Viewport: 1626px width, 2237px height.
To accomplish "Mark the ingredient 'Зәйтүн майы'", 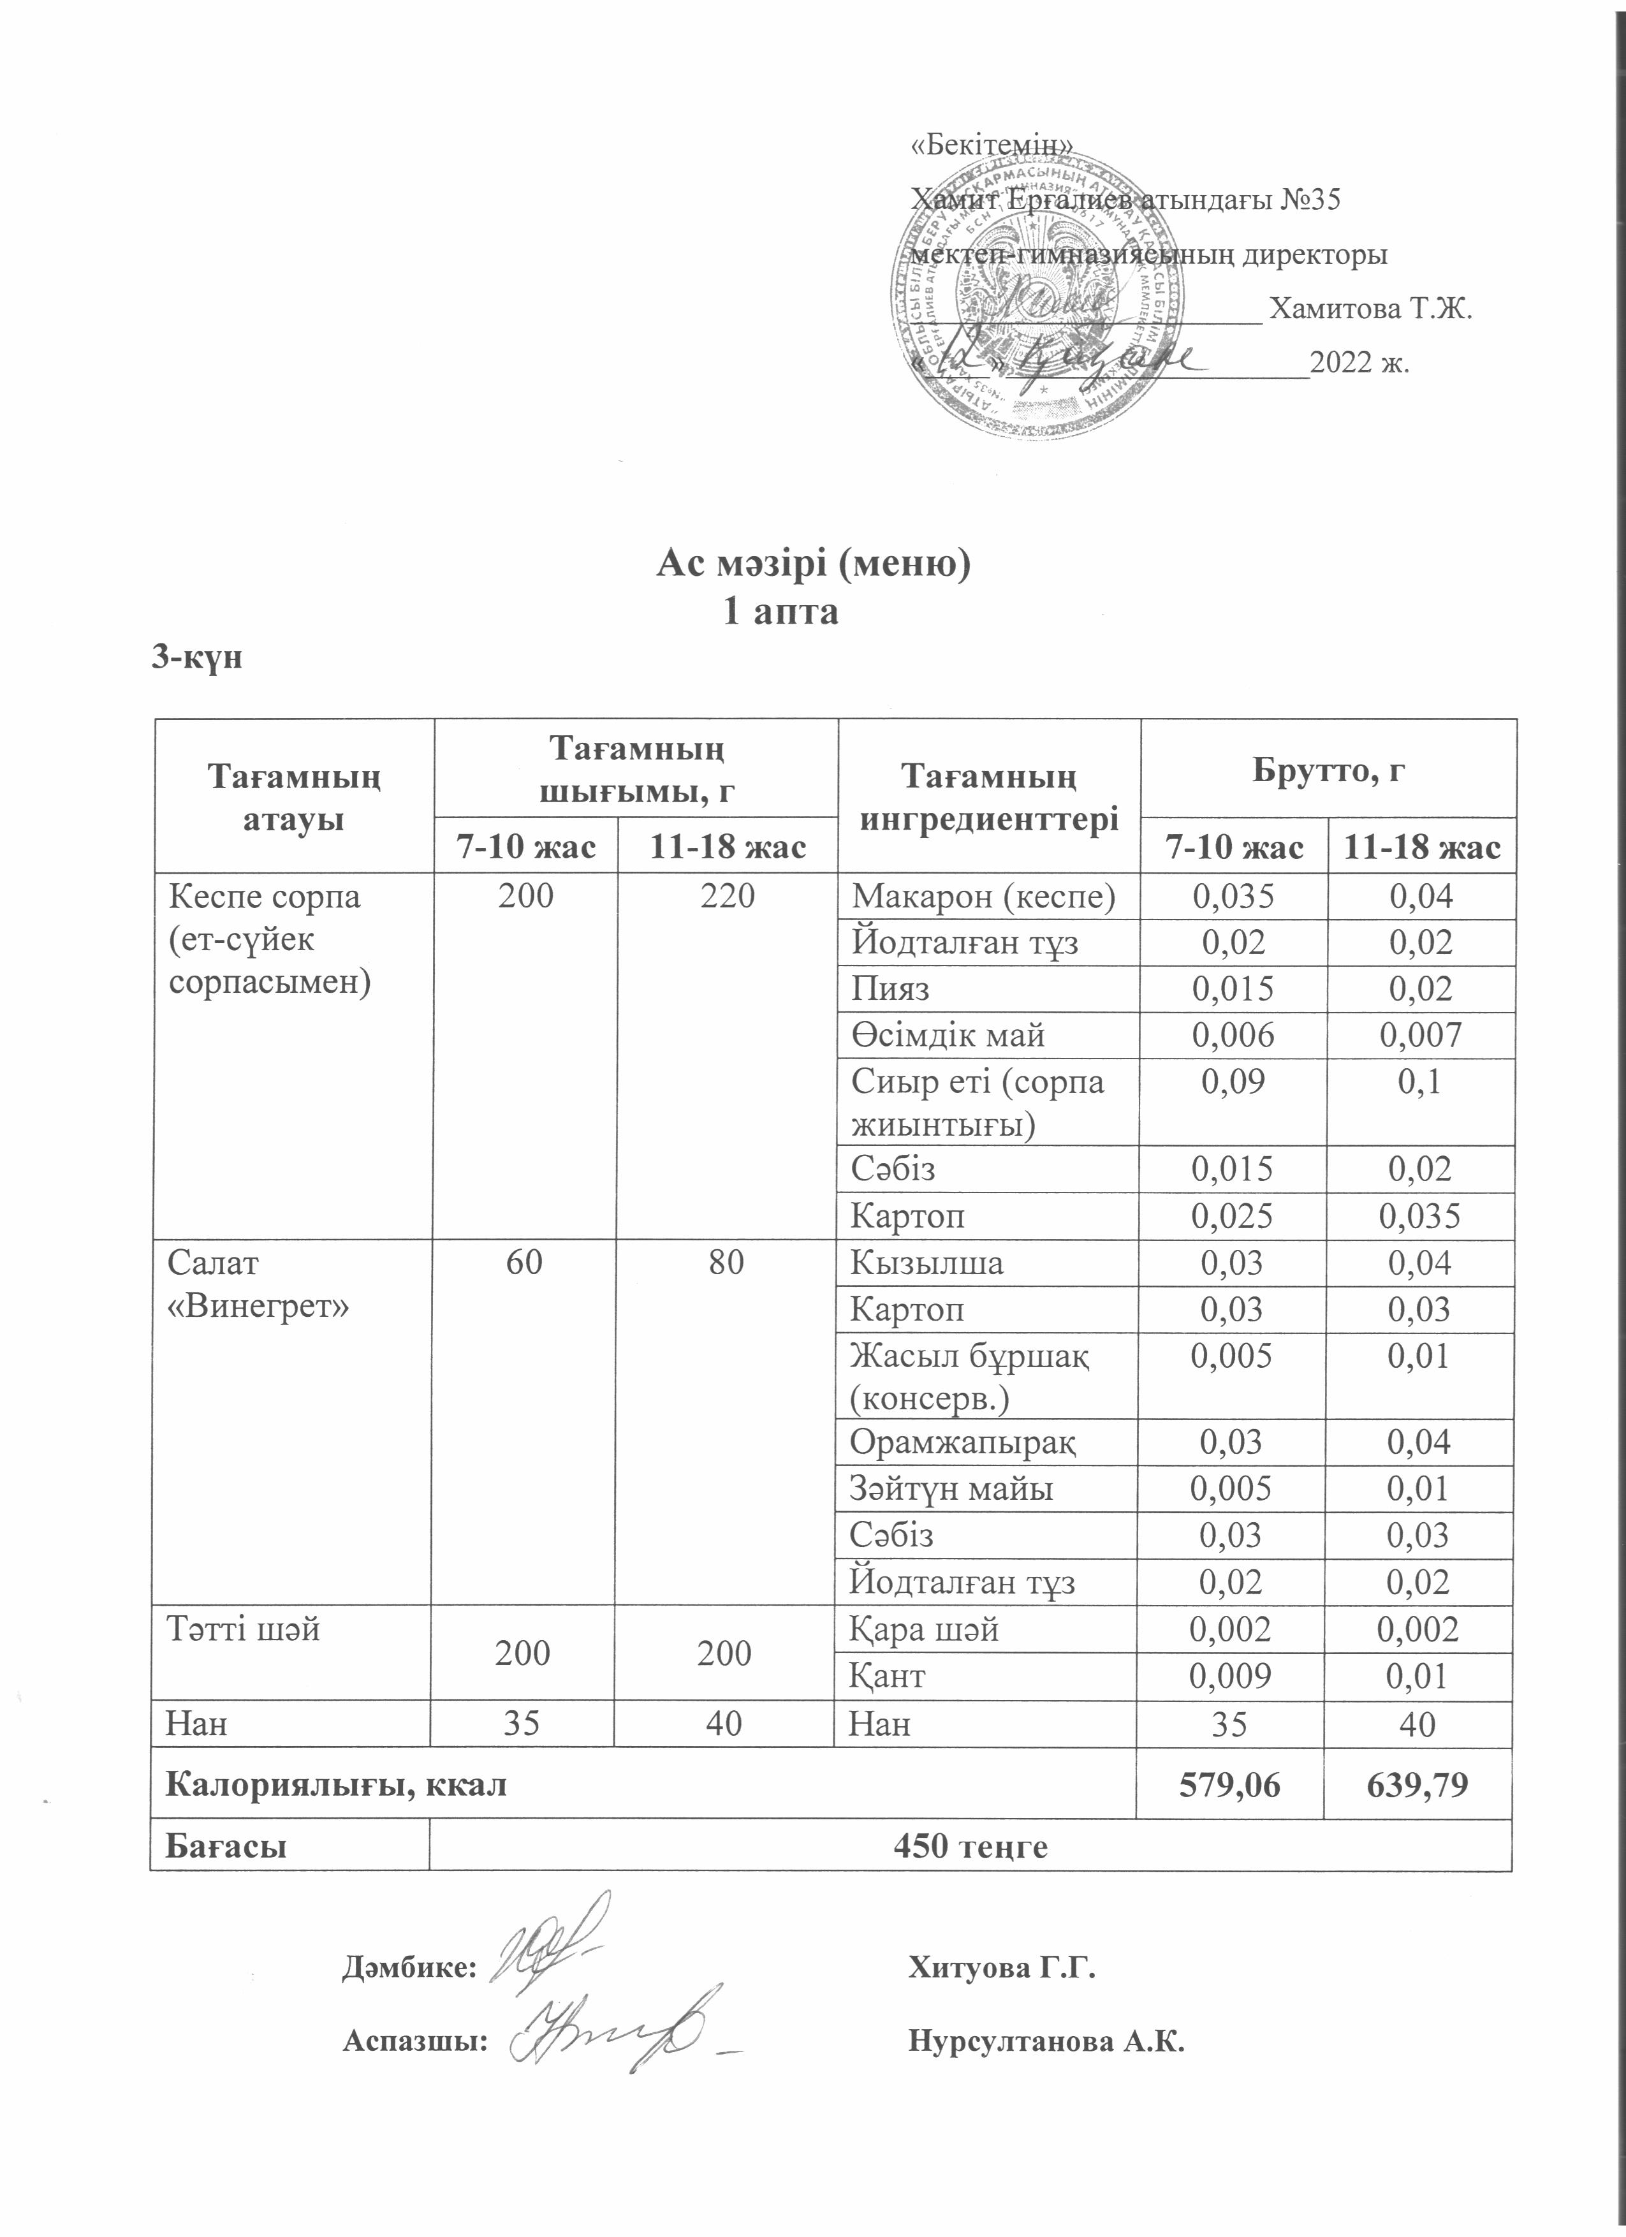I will [951, 1488].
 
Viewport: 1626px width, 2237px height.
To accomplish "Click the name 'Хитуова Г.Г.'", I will [1001, 1969].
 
